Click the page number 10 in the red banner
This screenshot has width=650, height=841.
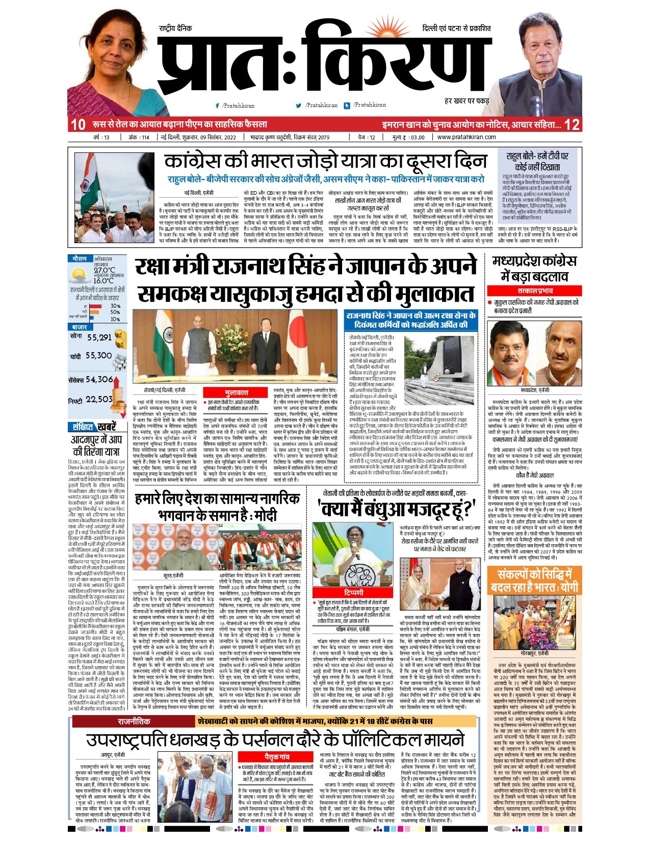(x=78, y=124)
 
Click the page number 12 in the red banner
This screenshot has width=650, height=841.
(x=572, y=124)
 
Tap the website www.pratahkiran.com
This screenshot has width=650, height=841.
(x=466, y=137)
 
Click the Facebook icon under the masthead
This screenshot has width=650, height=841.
(x=218, y=106)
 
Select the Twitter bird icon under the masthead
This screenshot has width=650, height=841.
(x=299, y=106)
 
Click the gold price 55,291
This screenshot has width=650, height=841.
(x=99, y=337)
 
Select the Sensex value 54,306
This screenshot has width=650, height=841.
(x=99, y=379)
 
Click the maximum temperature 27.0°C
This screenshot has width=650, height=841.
(x=104, y=270)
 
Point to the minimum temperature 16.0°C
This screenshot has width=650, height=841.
(x=103, y=280)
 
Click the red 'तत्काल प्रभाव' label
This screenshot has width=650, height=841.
(x=535, y=291)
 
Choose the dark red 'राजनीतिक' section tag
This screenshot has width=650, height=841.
(x=134, y=721)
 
